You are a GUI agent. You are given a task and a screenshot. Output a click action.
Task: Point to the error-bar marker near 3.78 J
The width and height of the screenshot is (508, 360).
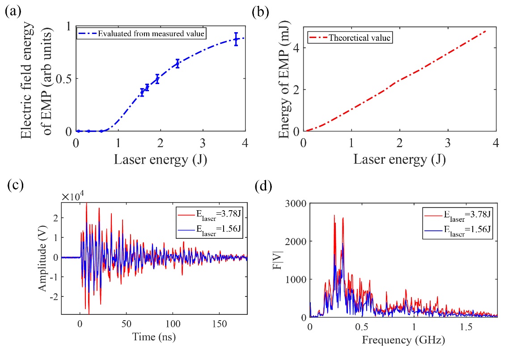pos(236,39)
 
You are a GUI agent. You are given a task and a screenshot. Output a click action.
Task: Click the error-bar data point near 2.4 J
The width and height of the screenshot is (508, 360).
pos(178,64)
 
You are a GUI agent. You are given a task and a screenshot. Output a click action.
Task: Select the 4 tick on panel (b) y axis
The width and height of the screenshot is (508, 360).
pos(296,48)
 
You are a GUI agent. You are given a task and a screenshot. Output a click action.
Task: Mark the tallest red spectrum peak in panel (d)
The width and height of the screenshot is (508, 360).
pos(334,215)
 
